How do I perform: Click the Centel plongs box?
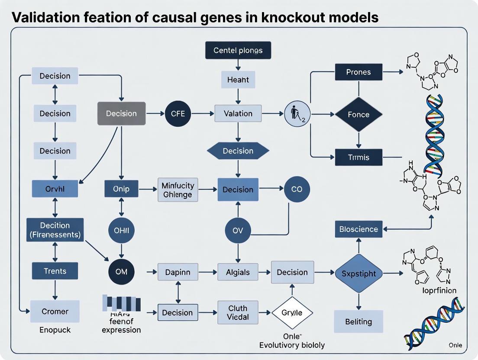coord(238,51)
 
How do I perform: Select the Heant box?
coord(238,80)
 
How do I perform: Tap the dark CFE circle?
coord(178,114)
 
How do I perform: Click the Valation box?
coord(238,114)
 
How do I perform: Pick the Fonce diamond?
coord(358,115)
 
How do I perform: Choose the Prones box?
coord(358,72)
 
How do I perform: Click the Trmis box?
coord(358,157)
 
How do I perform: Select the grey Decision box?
coord(121,114)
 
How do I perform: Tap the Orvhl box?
coord(55,189)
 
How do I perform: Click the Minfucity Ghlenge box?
coord(178,190)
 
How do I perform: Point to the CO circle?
coord(297,190)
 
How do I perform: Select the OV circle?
coord(238,231)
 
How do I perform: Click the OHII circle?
coord(121,231)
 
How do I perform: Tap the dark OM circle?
coord(121,272)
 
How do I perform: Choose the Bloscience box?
coord(358,229)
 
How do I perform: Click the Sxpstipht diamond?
coord(358,274)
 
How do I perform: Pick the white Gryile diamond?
coord(292,312)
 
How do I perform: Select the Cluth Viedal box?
coord(238,312)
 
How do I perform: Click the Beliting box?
coord(358,321)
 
